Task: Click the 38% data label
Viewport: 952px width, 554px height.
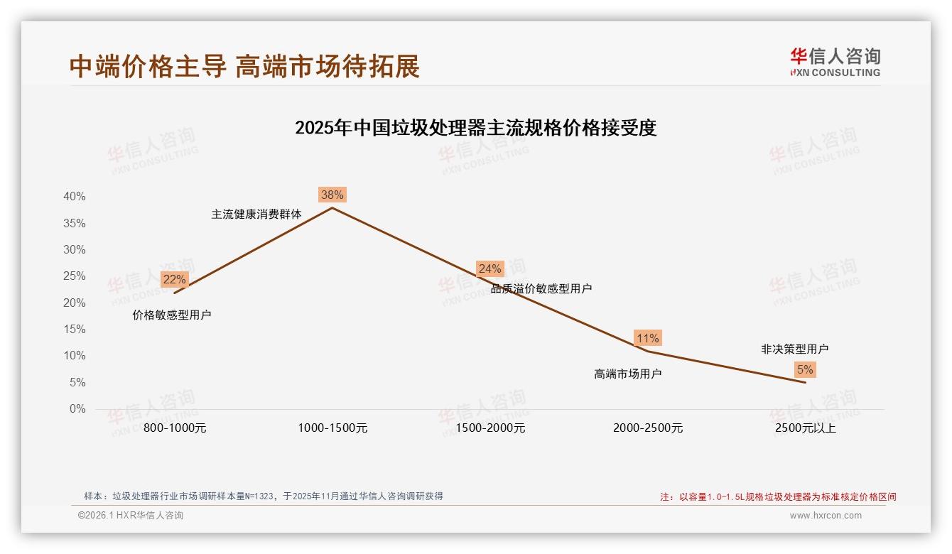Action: [x=332, y=195]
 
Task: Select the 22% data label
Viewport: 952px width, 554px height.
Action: [x=174, y=279]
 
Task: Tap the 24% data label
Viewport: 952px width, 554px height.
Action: [x=489, y=268]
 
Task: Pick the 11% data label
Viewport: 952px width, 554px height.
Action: [x=647, y=338]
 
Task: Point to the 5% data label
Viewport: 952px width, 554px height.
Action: [x=805, y=369]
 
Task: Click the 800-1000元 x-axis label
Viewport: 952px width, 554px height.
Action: [x=175, y=428]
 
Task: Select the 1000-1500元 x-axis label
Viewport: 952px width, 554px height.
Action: [x=332, y=428]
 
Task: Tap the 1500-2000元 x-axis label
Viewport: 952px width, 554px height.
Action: [x=490, y=428]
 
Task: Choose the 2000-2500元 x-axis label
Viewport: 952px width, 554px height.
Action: [x=648, y=428]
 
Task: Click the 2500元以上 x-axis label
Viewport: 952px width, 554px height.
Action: [x=806, y=428]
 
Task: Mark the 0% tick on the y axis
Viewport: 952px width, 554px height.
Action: [x=77, y=409]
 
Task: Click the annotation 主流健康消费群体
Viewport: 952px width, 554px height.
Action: [x=256, y=214]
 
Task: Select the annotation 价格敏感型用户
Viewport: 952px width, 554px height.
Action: [x=172, y=315]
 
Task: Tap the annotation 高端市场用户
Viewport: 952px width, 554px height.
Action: [x=627, y=374]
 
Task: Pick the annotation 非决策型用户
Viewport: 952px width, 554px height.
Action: [x=794, y=349]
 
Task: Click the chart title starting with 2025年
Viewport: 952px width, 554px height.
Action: [x=475, y=128]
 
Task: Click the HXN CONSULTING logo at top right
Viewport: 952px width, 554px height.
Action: [x=835, y=62]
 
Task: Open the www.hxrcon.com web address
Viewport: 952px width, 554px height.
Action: [x=826, y=516]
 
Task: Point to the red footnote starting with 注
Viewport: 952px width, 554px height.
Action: [x=778, y=496]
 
